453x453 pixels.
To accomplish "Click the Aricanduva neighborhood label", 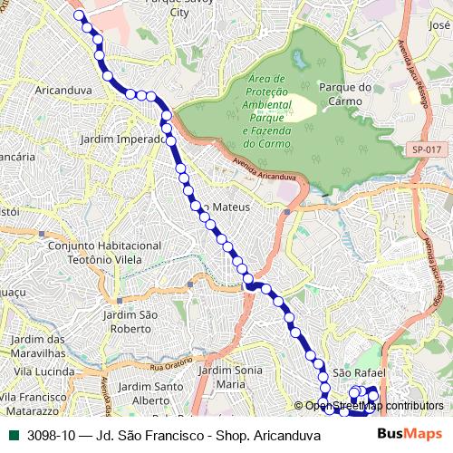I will point(62,91).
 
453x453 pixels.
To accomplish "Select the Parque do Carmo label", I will point(346,94).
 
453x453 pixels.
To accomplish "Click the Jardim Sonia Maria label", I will point(230,378).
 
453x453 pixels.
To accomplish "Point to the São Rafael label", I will point(360,372).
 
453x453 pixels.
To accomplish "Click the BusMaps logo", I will point(410,434).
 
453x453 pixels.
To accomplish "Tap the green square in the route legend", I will point(14,435).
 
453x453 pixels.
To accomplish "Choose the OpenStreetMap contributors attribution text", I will point(374,406).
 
